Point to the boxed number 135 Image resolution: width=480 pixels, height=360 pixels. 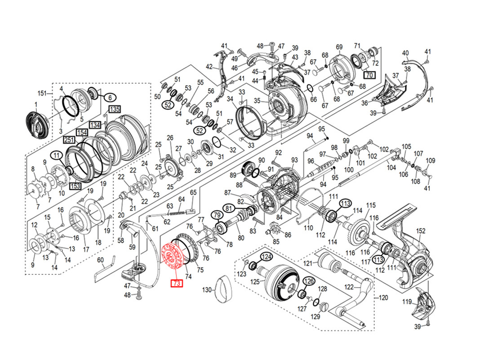tap(115, 109)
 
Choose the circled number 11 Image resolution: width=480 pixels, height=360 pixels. tap(57, 156)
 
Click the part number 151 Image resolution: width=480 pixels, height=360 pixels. tap(42, 93)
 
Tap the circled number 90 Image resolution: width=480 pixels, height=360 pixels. tap(262, 160)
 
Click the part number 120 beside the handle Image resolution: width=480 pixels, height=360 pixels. tap(383, 298)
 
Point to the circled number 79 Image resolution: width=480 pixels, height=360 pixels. tap(217, 215)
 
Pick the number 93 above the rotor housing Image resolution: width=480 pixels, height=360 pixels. tap(294, 160)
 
